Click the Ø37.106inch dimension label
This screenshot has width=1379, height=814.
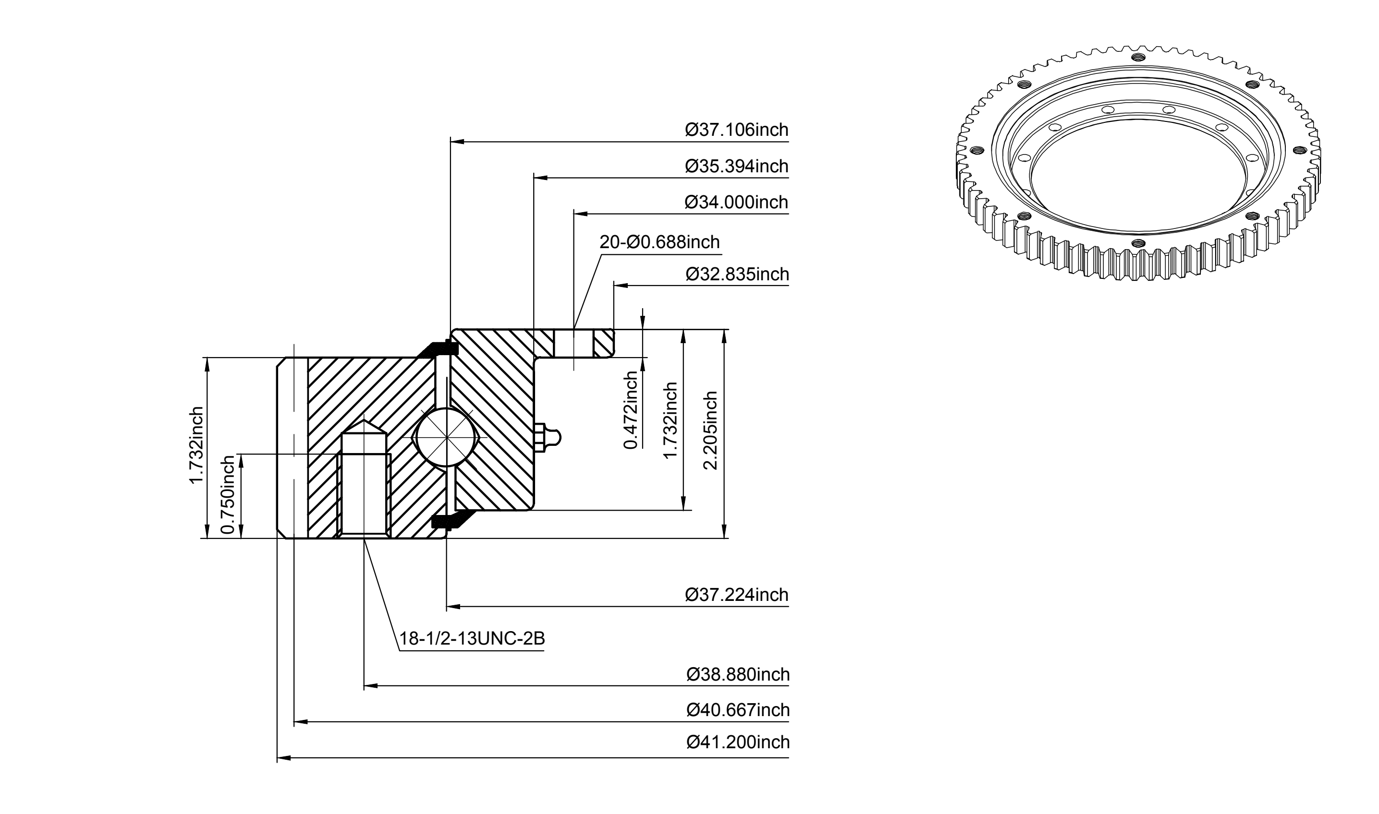(736, 130)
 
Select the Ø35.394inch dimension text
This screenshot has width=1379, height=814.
(736, 166)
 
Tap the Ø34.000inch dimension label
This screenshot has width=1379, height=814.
(736, 203)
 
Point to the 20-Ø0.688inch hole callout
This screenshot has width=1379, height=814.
(659, 242)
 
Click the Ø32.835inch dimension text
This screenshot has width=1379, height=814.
(737, 274)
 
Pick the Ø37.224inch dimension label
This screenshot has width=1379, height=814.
(737, 595)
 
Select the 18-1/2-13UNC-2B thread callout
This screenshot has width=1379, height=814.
(472, 638)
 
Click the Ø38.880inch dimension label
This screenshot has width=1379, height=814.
(738, 674)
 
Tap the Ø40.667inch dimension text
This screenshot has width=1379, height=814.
(738, 710)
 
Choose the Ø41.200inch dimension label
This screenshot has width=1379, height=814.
(738, 742)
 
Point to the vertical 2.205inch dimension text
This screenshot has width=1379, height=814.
(710, 430)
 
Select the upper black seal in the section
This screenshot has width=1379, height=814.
(439, 349)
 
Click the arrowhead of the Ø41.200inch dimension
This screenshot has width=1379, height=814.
(283, 758)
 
